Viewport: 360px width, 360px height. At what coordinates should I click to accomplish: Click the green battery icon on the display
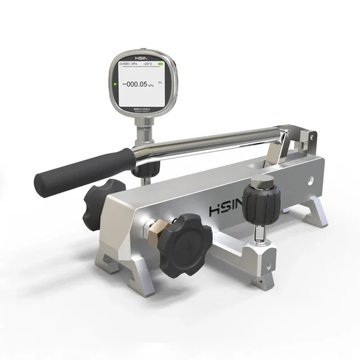click(x=161, y=65)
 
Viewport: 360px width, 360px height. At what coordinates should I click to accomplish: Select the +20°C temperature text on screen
click(x=147, y=65)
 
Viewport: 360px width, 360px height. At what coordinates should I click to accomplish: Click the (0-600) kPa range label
click(x=127, y=65)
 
